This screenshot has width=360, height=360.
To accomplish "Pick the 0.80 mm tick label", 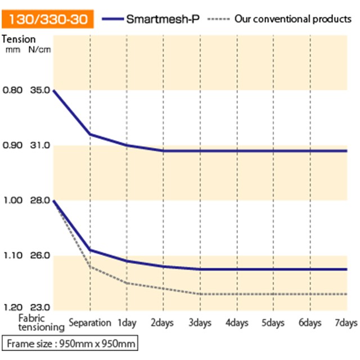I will pos(13,90).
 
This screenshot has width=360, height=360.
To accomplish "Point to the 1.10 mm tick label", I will pos(13,256).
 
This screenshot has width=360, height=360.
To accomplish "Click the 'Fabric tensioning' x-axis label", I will pos(34,323).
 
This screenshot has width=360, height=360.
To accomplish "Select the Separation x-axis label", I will pos(90,323).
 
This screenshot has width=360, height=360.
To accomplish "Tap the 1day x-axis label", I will pos(127,323).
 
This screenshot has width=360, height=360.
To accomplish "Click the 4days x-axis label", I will pos(237,323).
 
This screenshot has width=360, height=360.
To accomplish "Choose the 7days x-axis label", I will pos(346,323).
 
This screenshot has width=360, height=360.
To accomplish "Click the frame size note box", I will pos(70,343).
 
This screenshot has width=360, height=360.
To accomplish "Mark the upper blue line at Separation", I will pos(90,134).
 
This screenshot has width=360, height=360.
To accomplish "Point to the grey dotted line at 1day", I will pos(127,283).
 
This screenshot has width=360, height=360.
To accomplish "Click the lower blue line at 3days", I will pos(200,269).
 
